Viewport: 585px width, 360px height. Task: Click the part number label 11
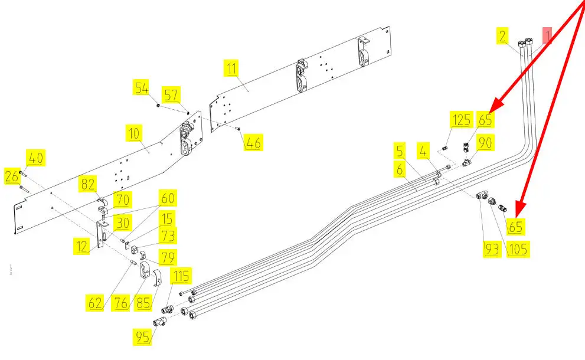[231, 67]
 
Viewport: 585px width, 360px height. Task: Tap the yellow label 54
[142, 88]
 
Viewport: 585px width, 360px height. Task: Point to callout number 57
[172, 94]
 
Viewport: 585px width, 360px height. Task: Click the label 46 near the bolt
[254, 142]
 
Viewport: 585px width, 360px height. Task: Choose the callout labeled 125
[461, 120]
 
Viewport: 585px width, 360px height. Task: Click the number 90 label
[485, 142]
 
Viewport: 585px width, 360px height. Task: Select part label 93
[492, 250]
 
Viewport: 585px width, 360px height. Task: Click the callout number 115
[181, 275]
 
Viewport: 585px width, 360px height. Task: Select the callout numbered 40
[36, 158]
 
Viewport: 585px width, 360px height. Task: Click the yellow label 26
[12, 175]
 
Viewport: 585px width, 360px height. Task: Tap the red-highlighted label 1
[547, 36]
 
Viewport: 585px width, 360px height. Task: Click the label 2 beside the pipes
[502, 36]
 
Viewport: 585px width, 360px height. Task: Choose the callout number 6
[400, 170]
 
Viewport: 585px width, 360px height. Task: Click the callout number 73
[168, 236]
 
